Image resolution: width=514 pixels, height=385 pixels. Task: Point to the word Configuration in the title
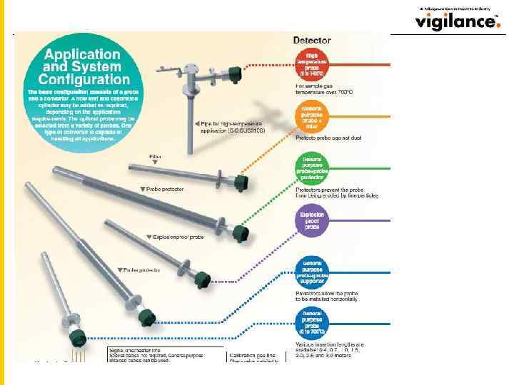tap(84, 79)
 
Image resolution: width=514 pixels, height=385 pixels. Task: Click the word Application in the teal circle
tap(83, 54)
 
